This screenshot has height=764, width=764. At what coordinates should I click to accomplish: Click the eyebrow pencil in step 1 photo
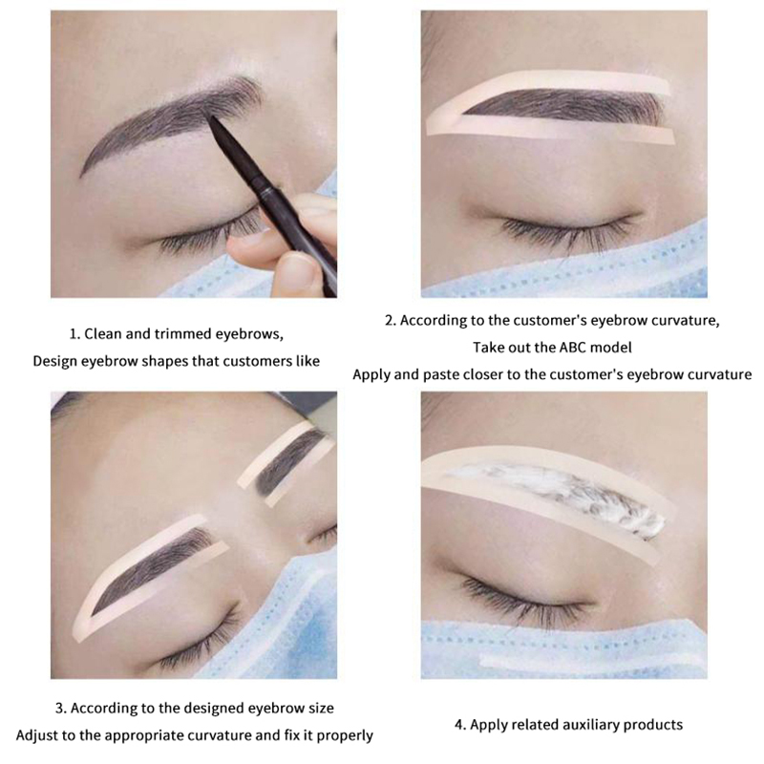[273, 204]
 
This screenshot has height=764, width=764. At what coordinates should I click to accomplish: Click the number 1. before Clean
[74, 334]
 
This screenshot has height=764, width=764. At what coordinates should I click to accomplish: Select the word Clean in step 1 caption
[103, 334]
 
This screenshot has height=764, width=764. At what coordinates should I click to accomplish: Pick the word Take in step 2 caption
[489, 348]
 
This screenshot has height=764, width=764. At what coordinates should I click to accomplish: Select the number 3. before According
[61, 709]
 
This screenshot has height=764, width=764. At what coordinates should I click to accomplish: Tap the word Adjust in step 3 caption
[35, 735]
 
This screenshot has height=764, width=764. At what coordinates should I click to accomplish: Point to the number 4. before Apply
[460, 725]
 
